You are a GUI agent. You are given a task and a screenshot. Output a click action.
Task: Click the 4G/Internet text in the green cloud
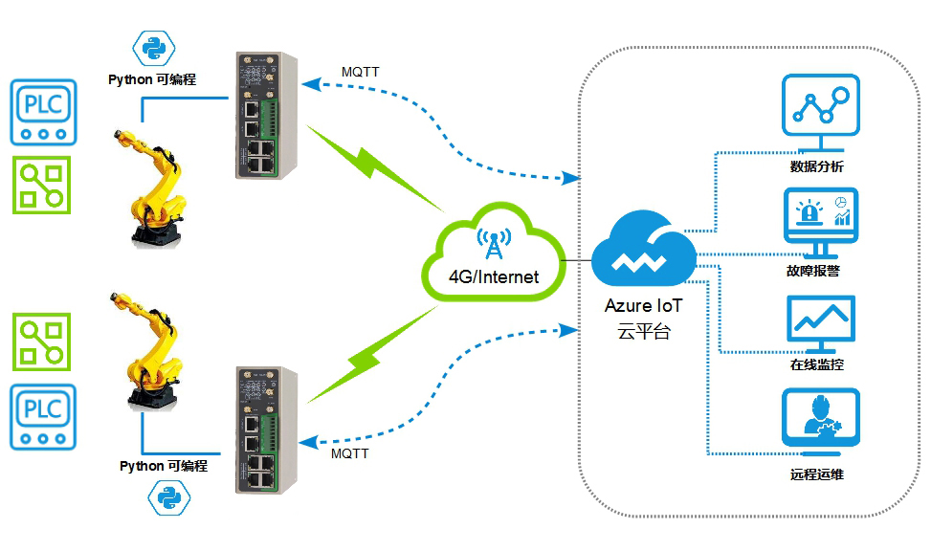(x=494, y=277)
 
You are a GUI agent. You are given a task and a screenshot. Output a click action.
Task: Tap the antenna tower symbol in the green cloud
(x=494, y=244)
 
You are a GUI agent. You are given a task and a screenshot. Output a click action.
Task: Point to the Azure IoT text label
(x=643, y=308)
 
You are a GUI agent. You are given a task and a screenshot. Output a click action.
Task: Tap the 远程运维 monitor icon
(x=818, y=421)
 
